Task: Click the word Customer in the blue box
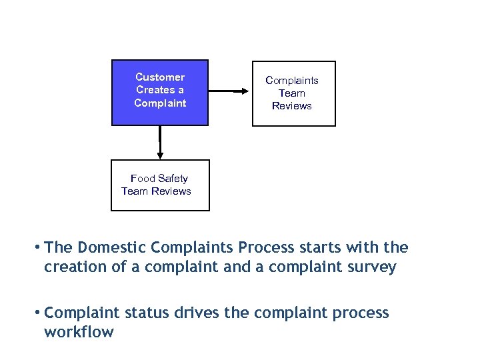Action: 160,77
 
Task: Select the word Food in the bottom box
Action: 143,179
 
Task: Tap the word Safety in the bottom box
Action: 173,179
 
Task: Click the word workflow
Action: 79,332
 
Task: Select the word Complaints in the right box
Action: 292,81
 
